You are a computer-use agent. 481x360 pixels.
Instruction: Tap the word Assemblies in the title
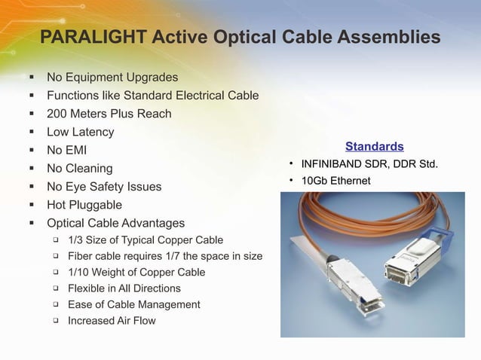pyautogui.click(x=388, y=37)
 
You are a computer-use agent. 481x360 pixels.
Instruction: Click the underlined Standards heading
pyautogui.click(x=374, y=146)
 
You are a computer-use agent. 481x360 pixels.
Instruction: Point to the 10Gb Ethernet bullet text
pyautogui.click(x=335, y=181)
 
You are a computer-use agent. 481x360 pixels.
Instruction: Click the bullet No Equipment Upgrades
pyautogui.click(x=112, y=78)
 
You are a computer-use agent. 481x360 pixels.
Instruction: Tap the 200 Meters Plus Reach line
pyautogui.click(x=109, y=114)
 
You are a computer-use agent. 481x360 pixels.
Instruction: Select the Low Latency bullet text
pyautogui.click(x=81, y=133)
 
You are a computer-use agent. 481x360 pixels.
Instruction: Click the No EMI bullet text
pyautogui.click(x=66, y=151)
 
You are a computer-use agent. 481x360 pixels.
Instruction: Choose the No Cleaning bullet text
pyautogui.click(x=79, y=169)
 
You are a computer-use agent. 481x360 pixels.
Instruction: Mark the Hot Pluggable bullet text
pyautogui.click(x=84, y=205)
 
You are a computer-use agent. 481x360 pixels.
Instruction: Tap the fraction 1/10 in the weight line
pyautogui.click(x=78, y=272)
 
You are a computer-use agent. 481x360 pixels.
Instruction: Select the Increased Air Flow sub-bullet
pyautogui.click(x=112, y=320)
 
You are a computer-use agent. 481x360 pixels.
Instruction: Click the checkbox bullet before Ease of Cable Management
pyautogui.click(x=56, y=304)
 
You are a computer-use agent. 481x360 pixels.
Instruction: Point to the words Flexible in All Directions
pyautogui.click(x=124, y=288)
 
